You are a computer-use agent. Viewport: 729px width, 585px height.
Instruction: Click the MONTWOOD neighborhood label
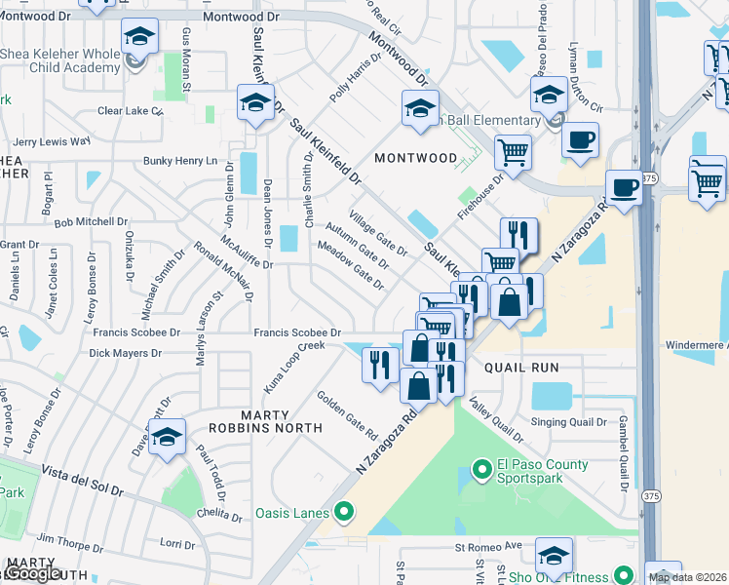(x=416, y=157)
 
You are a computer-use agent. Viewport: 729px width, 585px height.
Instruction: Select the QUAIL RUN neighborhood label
(x=520, y=368)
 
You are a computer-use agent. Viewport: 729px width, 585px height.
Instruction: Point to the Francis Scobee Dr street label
(x=296, y=332)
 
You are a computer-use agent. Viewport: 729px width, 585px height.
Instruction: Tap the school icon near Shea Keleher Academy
(x=140, y=38)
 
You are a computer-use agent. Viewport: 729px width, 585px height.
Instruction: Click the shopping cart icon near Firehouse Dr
(x=512, y=151)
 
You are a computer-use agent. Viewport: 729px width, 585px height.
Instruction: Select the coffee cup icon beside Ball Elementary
(x=580, y=139)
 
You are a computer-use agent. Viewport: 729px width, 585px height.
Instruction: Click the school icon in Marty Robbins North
(x=168, y=437)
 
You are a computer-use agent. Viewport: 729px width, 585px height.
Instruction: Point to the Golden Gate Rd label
(x=346, y=413)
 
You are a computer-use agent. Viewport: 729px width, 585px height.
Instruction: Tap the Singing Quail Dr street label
(x=568, y=422)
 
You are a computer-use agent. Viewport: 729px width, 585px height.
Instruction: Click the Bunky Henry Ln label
(x=180, y=161)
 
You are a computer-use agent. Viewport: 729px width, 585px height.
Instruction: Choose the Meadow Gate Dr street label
(x=352, y=264)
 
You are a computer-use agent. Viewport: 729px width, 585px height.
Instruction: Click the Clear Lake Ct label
(x=130, y=111)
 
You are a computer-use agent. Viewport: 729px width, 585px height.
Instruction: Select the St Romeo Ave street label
(x=499, y=546)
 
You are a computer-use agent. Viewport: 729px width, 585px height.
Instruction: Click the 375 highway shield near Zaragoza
(x=650, y=176)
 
